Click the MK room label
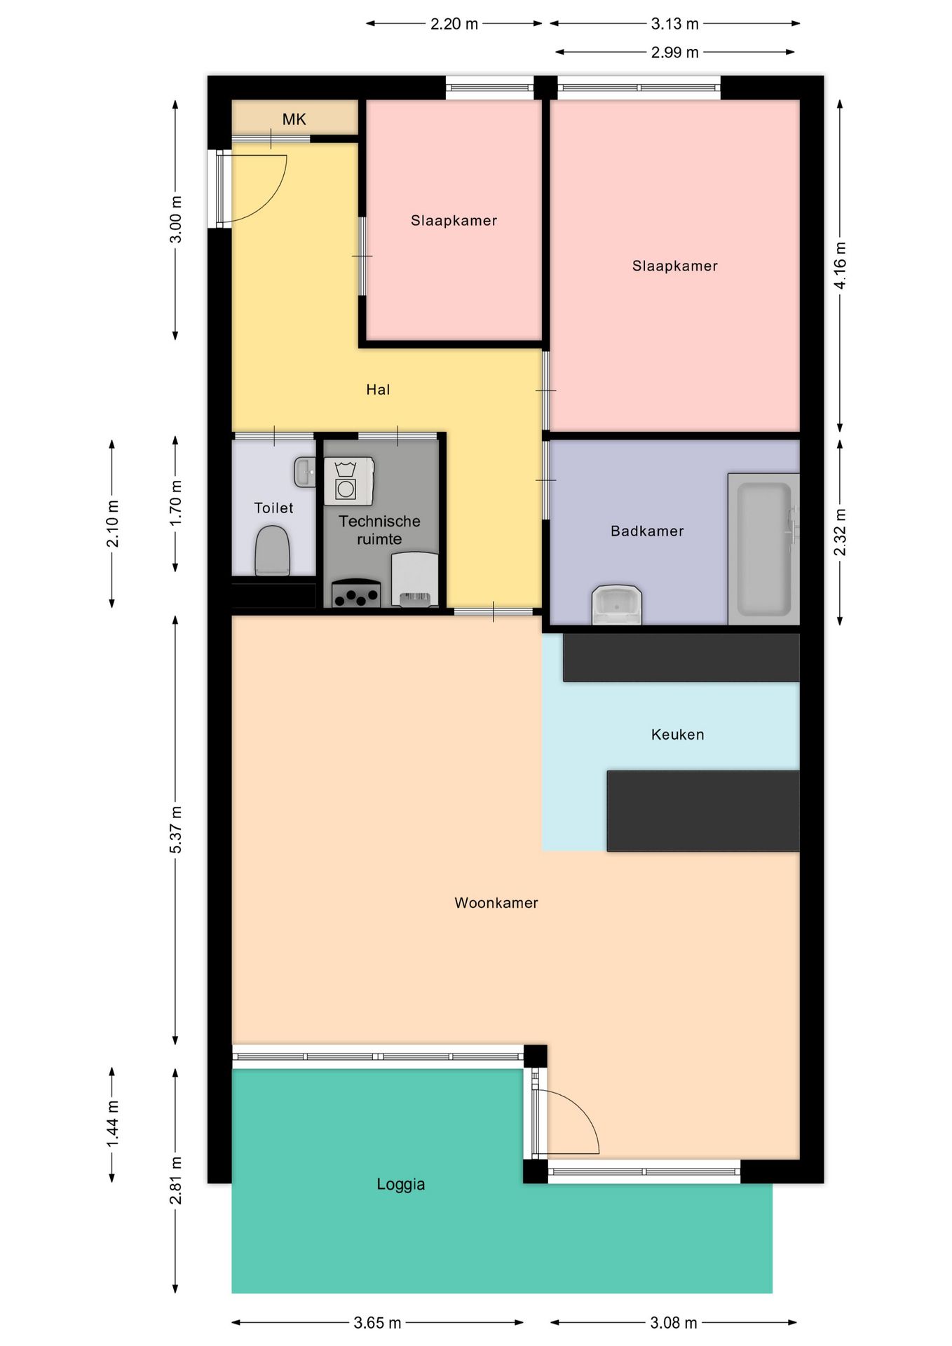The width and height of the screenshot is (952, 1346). (x=294, y=119)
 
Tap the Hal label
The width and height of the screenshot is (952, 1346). (x=378, y=390)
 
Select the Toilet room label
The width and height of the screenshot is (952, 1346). (x=273, y=508)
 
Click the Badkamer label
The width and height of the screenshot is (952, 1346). (x=647, y=531)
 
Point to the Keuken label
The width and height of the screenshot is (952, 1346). (x=677, y=734)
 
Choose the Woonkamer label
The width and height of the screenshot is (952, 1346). (x=496, y=902)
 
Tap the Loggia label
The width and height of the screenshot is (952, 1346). (x=400, y=1184)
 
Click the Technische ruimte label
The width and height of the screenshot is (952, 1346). (x=379, y=530)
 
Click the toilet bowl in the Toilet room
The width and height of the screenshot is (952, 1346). (x=272, y=551)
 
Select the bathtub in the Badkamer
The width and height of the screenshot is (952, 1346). (x=763, y=549)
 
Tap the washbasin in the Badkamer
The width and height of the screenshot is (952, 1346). (x=617, y=604)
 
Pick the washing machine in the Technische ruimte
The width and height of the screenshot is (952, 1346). (x=348, y=481)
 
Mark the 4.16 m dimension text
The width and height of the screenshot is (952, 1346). (x=840, y=266)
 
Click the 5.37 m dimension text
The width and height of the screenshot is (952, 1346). (x=175, y=830)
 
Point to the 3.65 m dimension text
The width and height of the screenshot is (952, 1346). (x=377, y=1322)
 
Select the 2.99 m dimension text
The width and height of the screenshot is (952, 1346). (x=674, y=52)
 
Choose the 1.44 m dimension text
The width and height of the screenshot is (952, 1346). (x=112, y=1124)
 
